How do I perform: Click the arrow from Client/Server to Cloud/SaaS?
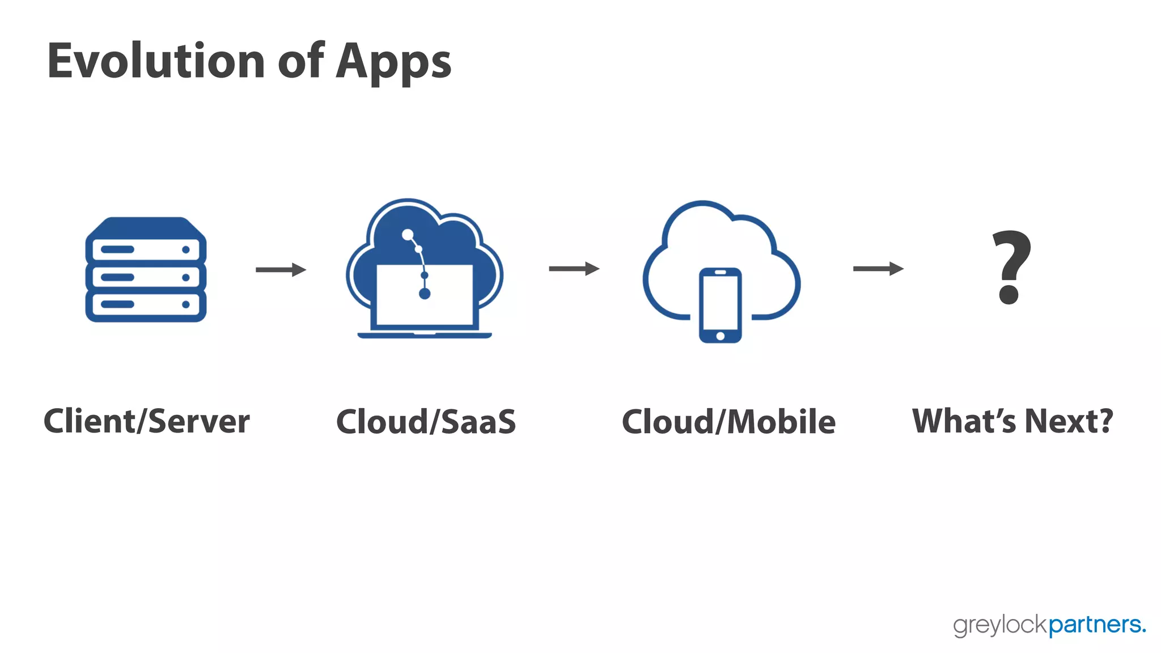[281, 269]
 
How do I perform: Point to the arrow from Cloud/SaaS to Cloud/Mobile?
[574, 269]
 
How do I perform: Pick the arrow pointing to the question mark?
[878, 269]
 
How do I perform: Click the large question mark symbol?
[1011, 266]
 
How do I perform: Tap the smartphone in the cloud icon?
[720, 305]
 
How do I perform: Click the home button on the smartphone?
[720, 336]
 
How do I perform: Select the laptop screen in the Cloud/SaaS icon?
[425, 295]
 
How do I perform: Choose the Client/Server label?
[147, 421]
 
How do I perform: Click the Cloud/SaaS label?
[426, 422]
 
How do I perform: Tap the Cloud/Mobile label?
[728, 422]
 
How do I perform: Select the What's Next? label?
[1012, 421]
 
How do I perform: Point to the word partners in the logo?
[1096, 625]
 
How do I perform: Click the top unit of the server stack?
[146, 249]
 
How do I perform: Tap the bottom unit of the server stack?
[146, 304]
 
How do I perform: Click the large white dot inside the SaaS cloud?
[408, 234]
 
